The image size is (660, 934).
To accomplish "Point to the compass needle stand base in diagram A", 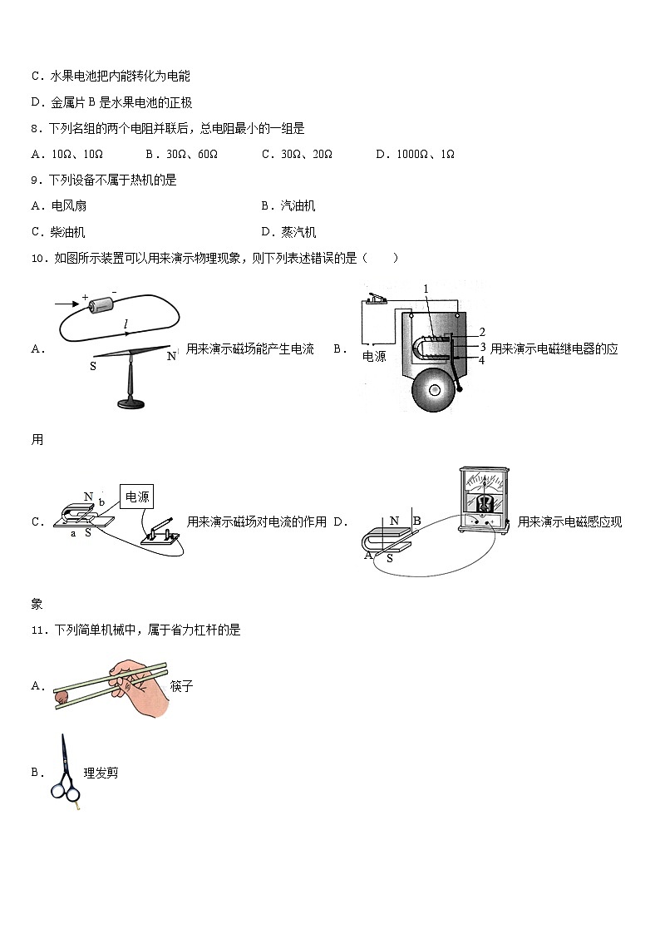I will [x=131, y=404].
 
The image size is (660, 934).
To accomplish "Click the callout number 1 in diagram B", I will [x=426, y=289].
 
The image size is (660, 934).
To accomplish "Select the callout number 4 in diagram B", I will [x=481, y=360].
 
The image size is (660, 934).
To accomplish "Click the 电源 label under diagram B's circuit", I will [x=375, y=356].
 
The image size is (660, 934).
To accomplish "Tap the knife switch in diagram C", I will [x=162, y=531].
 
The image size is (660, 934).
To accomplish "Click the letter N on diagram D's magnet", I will [x=395, y=521].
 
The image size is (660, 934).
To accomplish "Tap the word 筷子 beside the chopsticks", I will [x=181, y=686].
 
